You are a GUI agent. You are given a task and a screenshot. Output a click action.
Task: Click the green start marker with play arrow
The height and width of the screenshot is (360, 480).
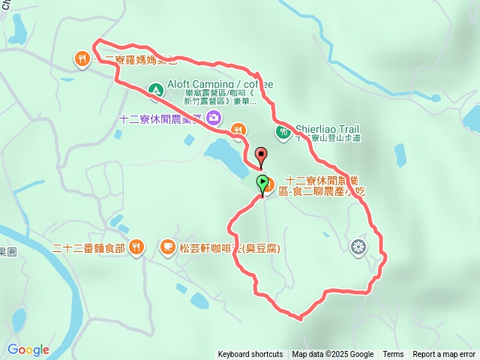coord(262,182)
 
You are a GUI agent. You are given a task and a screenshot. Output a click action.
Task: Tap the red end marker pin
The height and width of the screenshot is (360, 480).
coord(261,156)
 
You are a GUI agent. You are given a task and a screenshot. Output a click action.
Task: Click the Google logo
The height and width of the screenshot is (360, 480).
coord(28,349)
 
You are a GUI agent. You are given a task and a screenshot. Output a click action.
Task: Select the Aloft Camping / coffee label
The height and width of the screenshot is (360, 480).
coord(216,85)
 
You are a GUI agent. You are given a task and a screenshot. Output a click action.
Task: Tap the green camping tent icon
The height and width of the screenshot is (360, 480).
coord(155,91)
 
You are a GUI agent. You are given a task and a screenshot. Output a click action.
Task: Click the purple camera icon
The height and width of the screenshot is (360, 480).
coord(214,117)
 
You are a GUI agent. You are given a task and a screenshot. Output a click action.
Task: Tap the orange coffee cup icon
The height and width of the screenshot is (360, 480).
coord(167,246)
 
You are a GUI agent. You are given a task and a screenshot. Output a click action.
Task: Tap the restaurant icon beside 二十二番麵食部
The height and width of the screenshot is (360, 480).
coord(136,246)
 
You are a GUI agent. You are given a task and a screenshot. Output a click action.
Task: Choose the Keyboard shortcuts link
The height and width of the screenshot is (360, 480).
coord(250,354)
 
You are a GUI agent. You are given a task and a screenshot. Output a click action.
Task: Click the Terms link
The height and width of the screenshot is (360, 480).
coord(393,354)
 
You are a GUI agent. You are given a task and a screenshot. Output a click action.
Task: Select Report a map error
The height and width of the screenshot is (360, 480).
coord(444,354)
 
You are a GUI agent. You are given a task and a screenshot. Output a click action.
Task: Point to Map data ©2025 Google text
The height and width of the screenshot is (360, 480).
coord(332,354)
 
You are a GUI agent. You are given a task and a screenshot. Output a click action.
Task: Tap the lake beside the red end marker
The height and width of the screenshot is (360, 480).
coord(225,154)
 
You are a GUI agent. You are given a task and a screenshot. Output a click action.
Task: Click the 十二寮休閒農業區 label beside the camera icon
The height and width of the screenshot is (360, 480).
coord(161,118)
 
